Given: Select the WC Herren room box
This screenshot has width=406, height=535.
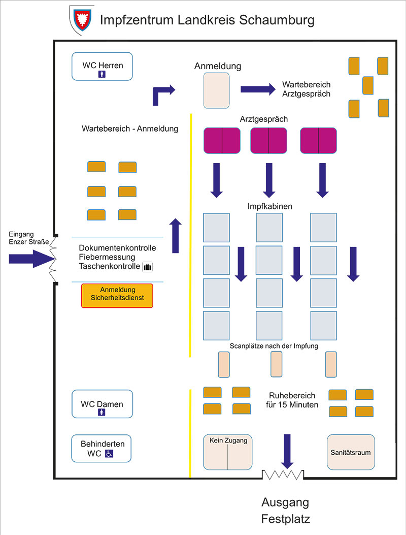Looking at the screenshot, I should pyautogui.click(x=102, y=67).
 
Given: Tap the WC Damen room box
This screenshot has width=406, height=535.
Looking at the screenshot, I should pyautogui.click(x=102, y=404).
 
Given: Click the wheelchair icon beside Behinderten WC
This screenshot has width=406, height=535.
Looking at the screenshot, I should pyautogui.click(x=109, y=453).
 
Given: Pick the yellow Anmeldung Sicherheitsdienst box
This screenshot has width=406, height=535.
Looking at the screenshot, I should pyautogui.click(x=117, y=296).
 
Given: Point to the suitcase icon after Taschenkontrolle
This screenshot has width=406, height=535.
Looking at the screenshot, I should pyautogui.click(x=148, y=267).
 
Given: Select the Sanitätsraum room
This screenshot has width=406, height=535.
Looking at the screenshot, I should pyautogui.click(x=351, y=452).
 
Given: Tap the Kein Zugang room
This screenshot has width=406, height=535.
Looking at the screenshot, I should pyautogui.click(x=228, y=452).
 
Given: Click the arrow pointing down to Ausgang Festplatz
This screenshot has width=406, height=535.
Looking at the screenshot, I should pyautogui.click(x=287, y=451).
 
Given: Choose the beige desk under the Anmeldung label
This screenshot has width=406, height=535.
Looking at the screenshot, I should pyautogui.click(x=217, y=90).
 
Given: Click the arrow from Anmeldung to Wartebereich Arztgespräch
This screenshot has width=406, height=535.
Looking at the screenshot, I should pyautogui.click(x=258, y=89).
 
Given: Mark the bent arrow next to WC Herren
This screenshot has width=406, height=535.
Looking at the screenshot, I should pyautogui.click(x=162, y=94).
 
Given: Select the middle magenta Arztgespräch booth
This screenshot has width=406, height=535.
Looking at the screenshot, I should pyautogui.click(x=268, y=140).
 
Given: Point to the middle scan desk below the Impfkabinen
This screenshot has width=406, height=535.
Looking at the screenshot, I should pyautogui.click(x=276, y=364).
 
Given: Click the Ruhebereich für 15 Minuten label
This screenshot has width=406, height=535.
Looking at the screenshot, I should pyautogui.click(x=291, y=400).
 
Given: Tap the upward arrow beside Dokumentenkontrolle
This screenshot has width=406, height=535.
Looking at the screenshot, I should pyautogui.click(x=176, y=236).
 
